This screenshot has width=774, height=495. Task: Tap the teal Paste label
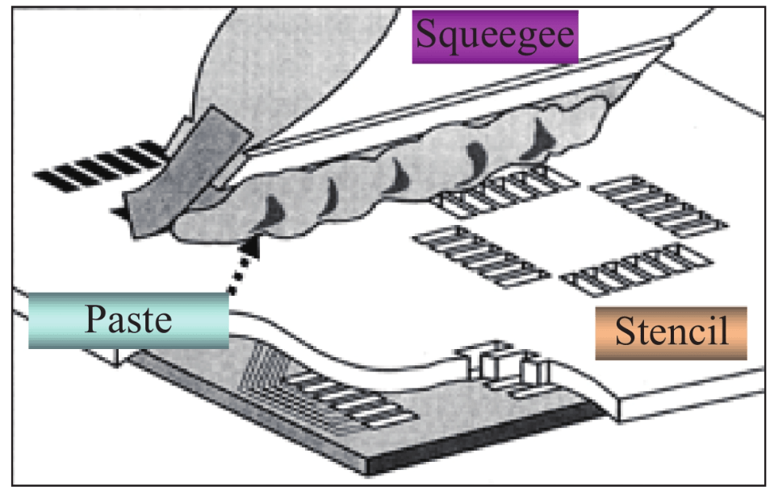click(129, 320)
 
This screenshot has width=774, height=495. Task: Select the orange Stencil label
click(671, 331)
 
